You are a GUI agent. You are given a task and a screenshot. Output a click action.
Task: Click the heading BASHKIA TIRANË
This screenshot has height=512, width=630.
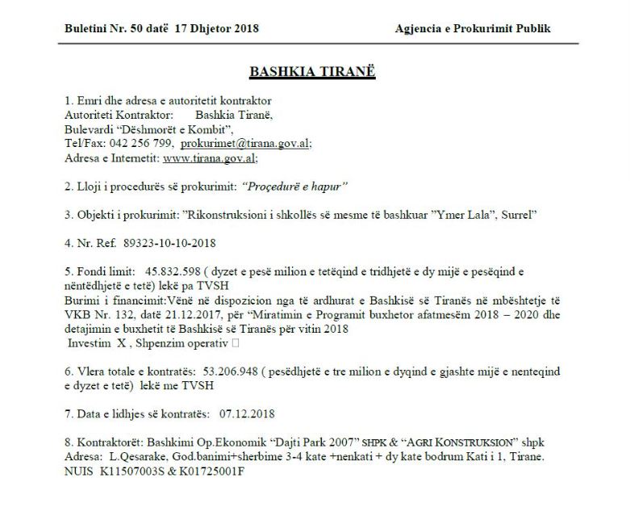tap(312, 70)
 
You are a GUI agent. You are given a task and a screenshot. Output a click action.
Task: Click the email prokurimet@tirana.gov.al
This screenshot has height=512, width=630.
tap(245, 142)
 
